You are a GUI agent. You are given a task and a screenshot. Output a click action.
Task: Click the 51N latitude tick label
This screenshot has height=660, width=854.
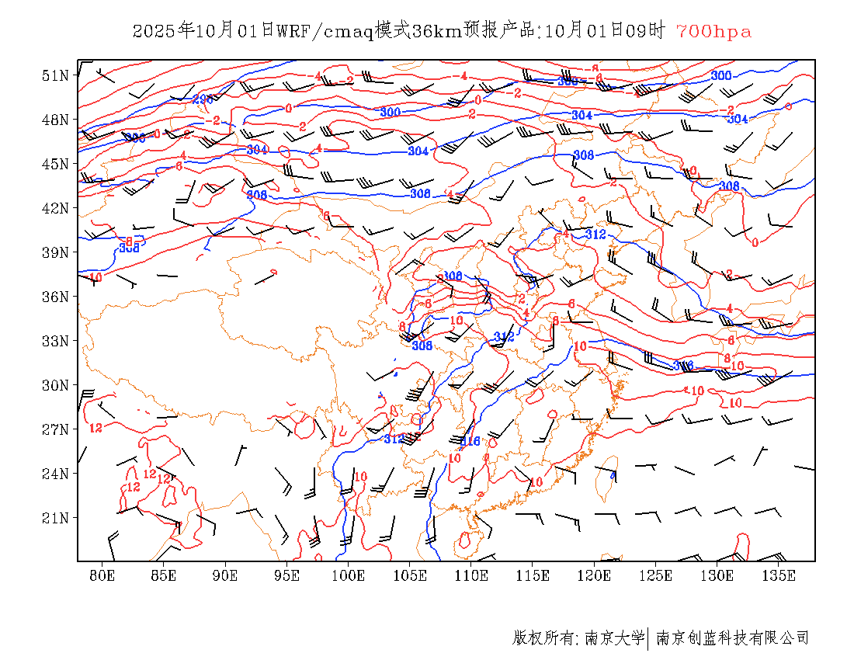[x=55, y=75]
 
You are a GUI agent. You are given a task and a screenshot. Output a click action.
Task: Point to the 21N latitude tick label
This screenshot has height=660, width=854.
[x=55, y=518]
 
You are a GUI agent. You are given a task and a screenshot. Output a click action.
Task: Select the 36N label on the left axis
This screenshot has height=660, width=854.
[x=55, y=297]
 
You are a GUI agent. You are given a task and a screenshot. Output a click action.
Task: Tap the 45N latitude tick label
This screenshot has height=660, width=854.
[x=55, y=164]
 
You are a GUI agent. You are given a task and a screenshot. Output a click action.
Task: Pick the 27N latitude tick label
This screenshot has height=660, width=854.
[x=55, y=429]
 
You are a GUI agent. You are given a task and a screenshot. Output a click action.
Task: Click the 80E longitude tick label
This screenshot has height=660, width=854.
[x=102, y=575]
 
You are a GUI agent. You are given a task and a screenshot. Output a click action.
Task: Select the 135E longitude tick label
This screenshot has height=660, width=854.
[x=779, y=575]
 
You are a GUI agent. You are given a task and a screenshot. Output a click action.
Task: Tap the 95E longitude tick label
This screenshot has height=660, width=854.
[x=286, y=575]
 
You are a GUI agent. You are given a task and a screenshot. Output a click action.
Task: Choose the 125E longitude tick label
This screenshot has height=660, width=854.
[x=656, y=575]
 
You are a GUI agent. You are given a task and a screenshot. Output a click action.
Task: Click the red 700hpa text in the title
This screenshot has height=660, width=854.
[x=713, y=32]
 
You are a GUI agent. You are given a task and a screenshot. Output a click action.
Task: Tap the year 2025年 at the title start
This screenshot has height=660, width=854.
[x=164, y=32]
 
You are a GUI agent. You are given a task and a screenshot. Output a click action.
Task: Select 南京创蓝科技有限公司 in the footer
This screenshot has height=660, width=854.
[x=732, y=638]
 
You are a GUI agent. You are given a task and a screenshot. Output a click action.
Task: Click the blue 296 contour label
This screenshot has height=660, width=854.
[x=203, y=99]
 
